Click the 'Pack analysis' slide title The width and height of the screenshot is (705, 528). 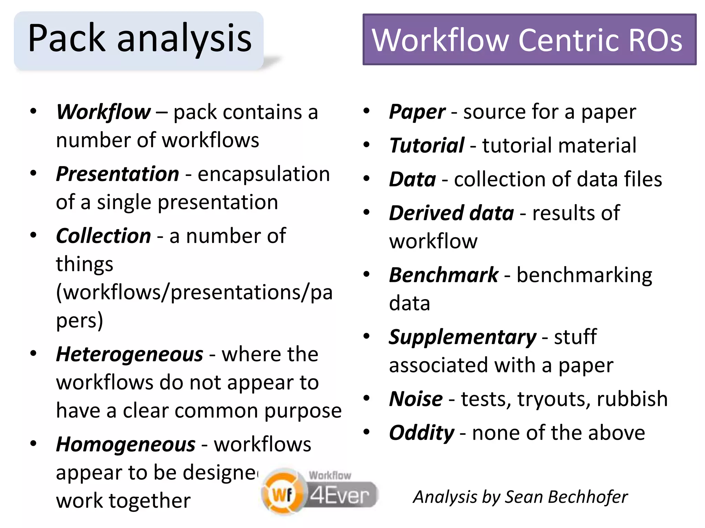click(139, 38)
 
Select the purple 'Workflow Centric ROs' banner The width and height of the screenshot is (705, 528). click(529, 40)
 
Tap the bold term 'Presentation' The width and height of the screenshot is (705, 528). click(117, 174)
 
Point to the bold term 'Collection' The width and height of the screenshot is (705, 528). click(103, 236)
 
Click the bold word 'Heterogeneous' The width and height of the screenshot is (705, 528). click(129, 354)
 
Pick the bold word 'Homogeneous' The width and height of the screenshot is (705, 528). click(126, 444)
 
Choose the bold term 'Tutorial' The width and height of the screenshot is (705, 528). click(427, 145)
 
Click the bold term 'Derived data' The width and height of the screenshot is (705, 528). click(451, 213)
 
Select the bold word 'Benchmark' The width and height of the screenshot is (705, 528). click(443, 275)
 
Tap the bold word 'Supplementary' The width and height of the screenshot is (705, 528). click(462, 337)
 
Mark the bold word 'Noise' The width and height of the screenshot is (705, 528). click(416, 399)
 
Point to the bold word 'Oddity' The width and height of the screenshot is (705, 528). click(421, 433)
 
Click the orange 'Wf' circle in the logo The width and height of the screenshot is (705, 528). click(283, 494)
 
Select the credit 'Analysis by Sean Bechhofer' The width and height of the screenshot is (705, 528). click(520, 497)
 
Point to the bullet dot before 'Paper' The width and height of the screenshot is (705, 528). click(366, 111)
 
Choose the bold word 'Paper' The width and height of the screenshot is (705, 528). click(417, 112)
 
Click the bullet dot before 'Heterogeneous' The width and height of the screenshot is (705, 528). click(33, 353)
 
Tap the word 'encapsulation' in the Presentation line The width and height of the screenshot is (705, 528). click(264, 174)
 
